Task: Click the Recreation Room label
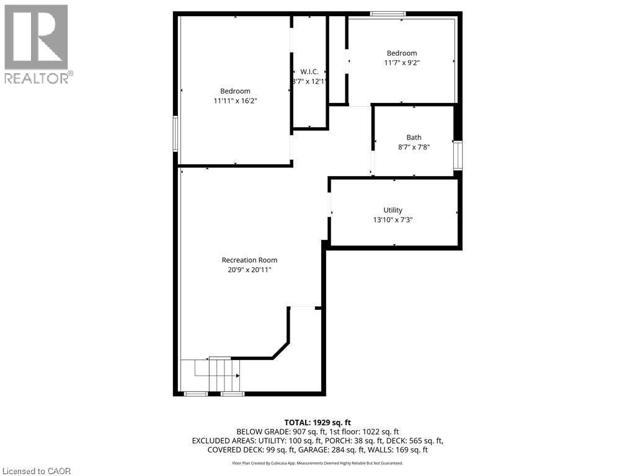pos(249,260)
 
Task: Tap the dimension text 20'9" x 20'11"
pos(249,270)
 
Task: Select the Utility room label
pos(393,210)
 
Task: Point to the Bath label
pos(414,138)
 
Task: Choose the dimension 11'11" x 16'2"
pos(235,100)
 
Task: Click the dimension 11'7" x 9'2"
pos(402,63)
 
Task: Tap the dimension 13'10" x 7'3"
pos(393,219)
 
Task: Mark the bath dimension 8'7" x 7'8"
pos(414,147)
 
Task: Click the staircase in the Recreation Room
pos(218,375)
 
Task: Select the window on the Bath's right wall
pos(458,155)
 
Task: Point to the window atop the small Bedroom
pos(388,13)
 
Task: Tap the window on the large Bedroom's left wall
pos(175,133)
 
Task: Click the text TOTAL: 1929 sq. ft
pos(317,423)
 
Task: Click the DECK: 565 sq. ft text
pos(419,441)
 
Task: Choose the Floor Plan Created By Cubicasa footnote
pos(317,463)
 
